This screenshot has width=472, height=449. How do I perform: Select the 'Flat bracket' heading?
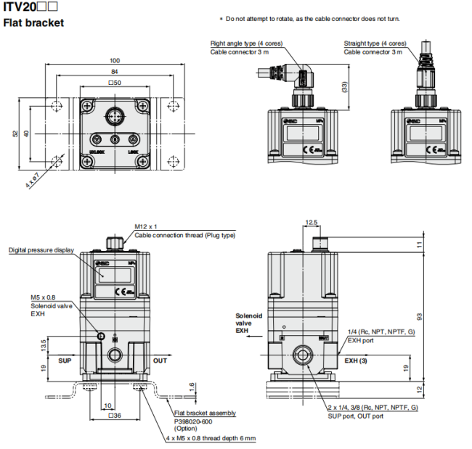(33, 22)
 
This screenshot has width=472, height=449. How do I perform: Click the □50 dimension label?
(115, 83)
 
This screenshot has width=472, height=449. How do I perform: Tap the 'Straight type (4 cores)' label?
(375, 44)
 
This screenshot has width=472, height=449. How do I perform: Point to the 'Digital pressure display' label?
(41, 250)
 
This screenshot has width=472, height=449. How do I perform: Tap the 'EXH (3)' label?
(357, 360)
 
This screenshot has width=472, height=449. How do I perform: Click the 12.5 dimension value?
(312, 223)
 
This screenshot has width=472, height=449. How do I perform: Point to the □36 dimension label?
(115, 415)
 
